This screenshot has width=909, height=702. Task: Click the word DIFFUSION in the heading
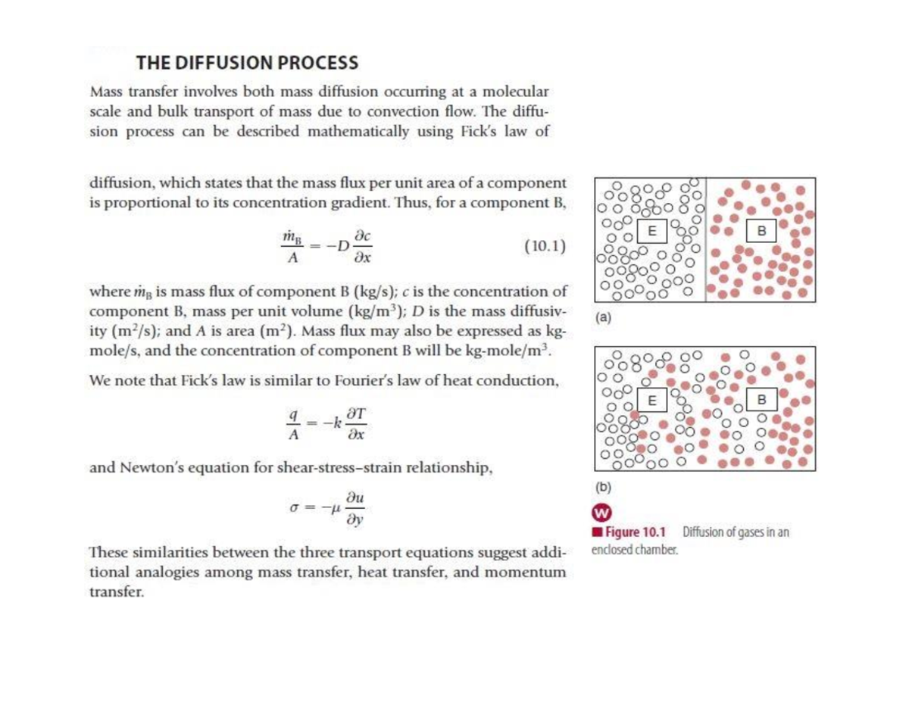pyautogui.click(x=223, y=63)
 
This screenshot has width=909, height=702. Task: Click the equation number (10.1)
pyautogui.click(x=545, y=246)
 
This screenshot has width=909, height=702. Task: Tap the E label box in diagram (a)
pyautogui.click(x=651, y=231)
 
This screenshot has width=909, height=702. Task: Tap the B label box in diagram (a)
pyautogui.click(x=761, y=230)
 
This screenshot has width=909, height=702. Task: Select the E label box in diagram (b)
pyautogui.click(x=651, y=400)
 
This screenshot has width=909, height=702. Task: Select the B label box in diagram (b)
pyautogui.click(x=761, y=399)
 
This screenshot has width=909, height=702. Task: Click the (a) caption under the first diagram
pyautogui.click(x=603, y=318)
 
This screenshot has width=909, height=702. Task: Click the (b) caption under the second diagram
pyautogui.click(x=603, y=487)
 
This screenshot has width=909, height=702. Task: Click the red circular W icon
pyautogui.click(x=601, y=513)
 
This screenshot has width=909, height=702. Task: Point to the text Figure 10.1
pyautogui.click(x=636, y=532)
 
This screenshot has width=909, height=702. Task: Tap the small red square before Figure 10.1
pyautogui.click(x=598, y=532)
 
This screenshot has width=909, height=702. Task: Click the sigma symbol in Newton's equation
pyautogui.click(x=295, y=508)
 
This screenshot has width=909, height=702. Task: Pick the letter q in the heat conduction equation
pyautogui.click(x=294, y=414)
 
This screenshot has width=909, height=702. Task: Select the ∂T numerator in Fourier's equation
pyautogui.click(x=357, y=413)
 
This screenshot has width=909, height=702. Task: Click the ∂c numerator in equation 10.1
pyautogui.click(x=362, y=236)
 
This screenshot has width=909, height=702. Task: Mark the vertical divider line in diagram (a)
pyautogui.click(x=706, y=239)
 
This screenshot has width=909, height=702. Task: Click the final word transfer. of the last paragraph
pyautogui.click(x=117, y=592)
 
